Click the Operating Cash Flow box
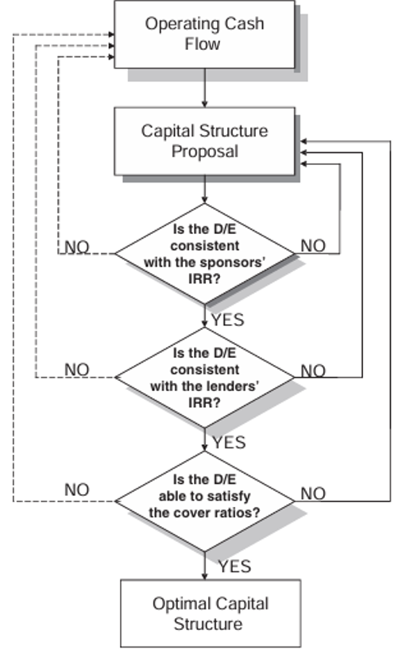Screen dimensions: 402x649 coord(204,34)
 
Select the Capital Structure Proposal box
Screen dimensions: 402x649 coord(204,141)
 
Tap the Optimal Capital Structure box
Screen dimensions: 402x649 coord(211,613)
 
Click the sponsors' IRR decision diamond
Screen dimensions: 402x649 coord(204,254)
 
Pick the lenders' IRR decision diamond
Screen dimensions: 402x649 coord(204,378)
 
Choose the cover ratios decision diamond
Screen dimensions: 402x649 coord(204,501)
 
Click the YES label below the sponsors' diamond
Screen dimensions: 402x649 coord(228,320)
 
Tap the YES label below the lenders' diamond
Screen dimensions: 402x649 coord(229,443)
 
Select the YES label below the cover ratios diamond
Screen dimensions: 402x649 coord(234,566)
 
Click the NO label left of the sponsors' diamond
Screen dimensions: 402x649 coord(77,247)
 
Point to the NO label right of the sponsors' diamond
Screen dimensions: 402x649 coord(313,246)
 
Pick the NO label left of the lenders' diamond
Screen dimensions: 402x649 coord(77,370)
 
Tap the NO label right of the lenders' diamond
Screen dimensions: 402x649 coord(313,371)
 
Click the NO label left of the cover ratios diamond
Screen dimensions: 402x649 coord(77,490)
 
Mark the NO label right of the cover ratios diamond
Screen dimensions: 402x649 coord(313,493)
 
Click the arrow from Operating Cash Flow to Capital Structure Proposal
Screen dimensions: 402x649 coord(204,88)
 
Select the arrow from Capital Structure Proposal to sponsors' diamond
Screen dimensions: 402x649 coord(204,189)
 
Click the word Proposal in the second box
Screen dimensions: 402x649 coord(205,152)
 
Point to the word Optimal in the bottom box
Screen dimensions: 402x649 coord(177,604)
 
